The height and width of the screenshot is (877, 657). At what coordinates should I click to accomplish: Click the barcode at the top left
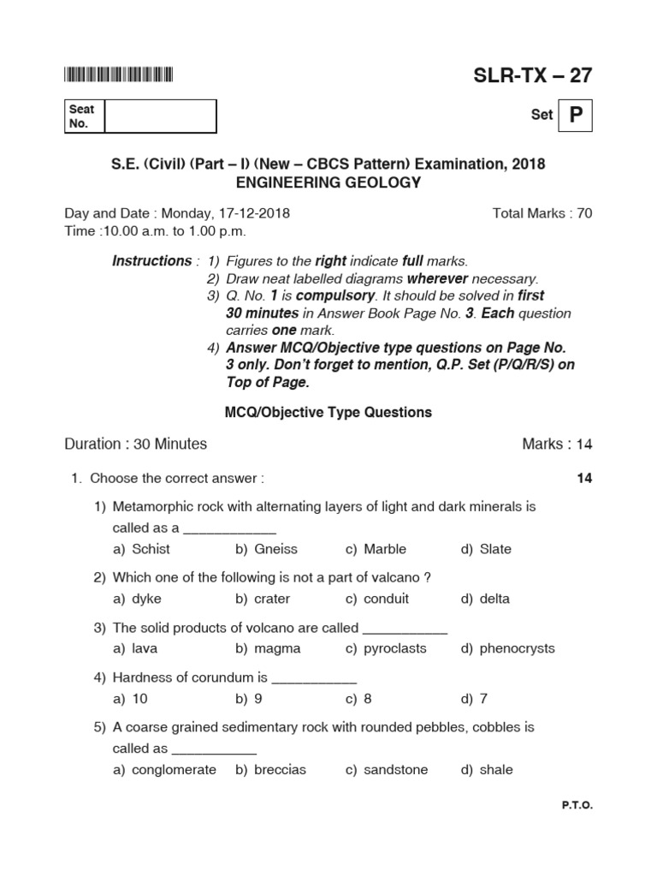click(118, 75)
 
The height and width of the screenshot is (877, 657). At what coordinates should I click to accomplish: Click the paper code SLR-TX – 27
click(532, 75)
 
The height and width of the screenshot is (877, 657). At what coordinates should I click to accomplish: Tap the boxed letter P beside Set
click(575, 115)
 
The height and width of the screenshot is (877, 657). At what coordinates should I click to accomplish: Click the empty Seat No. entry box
click(160, 116)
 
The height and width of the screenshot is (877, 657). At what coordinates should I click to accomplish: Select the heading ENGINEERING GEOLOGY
click(328, 182)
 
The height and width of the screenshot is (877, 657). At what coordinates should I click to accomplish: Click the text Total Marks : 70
click(542, 213)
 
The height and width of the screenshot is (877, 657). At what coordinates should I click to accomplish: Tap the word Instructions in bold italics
click(151, 261)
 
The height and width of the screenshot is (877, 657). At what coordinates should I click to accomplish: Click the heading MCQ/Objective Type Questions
click(328, 413)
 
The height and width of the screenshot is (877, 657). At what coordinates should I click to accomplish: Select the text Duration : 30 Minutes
click(136, 444)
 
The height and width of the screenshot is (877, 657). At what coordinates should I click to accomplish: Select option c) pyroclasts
click(386, 648)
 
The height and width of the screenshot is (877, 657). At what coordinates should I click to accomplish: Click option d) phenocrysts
click(507, 648)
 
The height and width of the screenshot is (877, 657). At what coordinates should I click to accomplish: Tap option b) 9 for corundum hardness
click(249, 699)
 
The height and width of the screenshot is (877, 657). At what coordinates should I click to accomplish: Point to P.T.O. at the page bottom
click(577, 806)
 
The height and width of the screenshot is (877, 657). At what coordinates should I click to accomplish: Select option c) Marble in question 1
click(376, 549)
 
